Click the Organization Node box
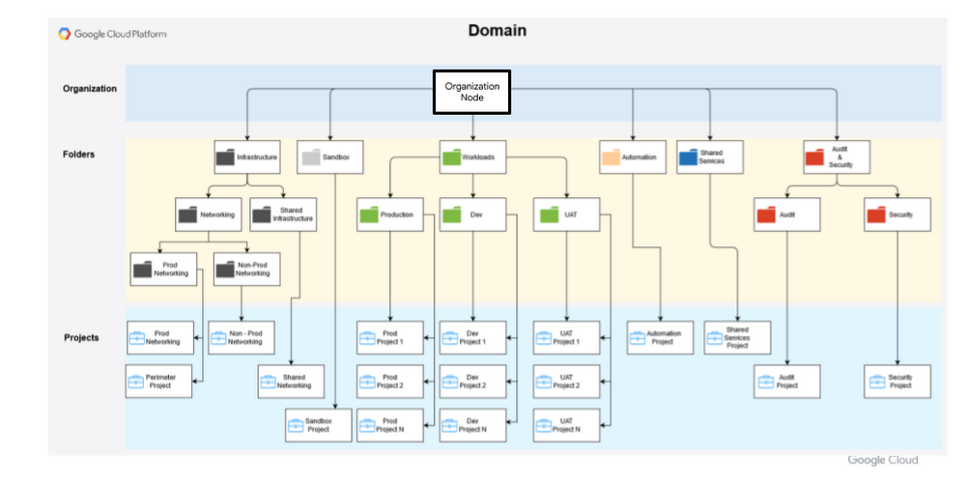pos(471,92)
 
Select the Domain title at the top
pos(497,31)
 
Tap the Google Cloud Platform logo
pos(113,34)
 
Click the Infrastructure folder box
pos(246,156)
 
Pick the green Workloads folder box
pos(472,156)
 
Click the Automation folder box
pos(633,156)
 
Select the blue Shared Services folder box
pos(710,156)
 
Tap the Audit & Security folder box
pos(837,156)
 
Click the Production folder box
pos(389,214)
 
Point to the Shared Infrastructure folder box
pos(281,214)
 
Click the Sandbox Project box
pos(318,425)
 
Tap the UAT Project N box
pos(566,425)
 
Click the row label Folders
pos(79,154)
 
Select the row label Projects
pos(81,337)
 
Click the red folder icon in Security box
pos(876,214)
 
